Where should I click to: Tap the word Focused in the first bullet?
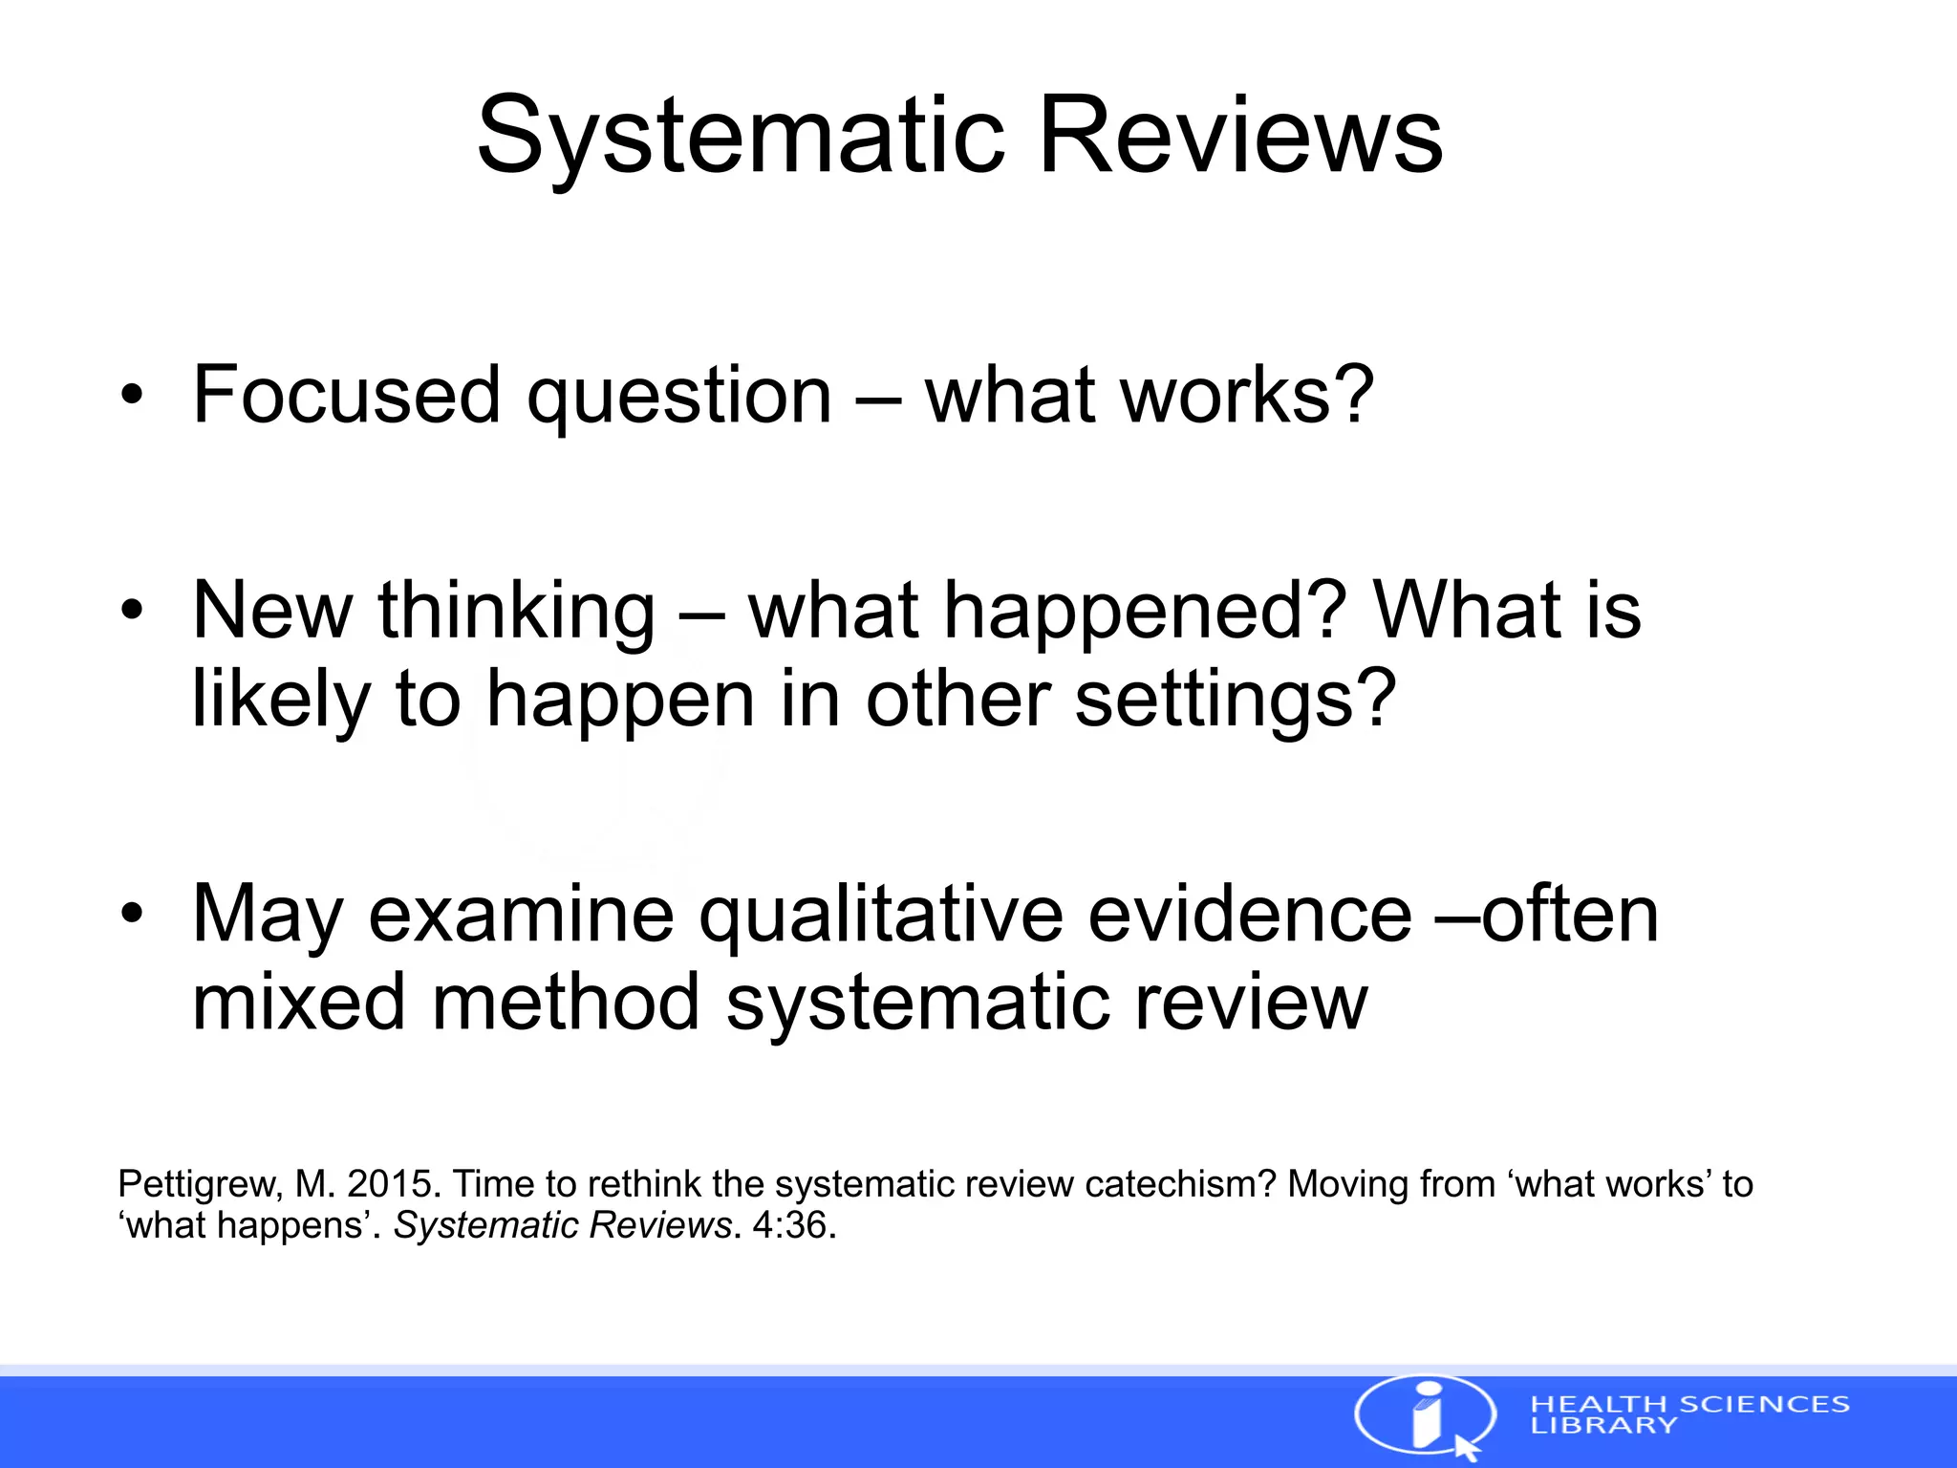tap(346, 394)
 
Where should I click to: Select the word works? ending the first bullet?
tap(1248, 394)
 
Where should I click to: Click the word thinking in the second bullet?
tap(517, 612)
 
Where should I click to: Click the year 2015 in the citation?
tap(390, 1184)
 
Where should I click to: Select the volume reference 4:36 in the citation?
tap(789, 1225)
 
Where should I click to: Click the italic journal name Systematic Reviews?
tap(563, 1225)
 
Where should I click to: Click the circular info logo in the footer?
tap(1425, 1416)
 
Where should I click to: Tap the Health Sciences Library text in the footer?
tap(1688, 1414)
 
